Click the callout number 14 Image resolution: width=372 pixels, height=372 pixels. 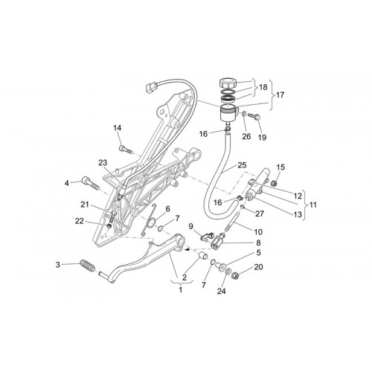(118, 128)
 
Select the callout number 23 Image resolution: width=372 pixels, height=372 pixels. (103, 163)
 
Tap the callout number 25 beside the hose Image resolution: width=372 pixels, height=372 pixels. (242, 165)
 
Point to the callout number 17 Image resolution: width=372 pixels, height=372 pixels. (280, 94)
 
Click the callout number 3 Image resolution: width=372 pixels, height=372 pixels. (57, 265)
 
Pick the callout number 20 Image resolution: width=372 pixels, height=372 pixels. (258, 267)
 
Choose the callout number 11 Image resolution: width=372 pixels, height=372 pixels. (313, 205)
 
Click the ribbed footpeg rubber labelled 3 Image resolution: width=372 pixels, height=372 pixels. (87, 266)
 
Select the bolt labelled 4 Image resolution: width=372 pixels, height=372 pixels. (90, 184)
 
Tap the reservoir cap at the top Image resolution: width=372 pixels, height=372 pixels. (228, 83)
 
